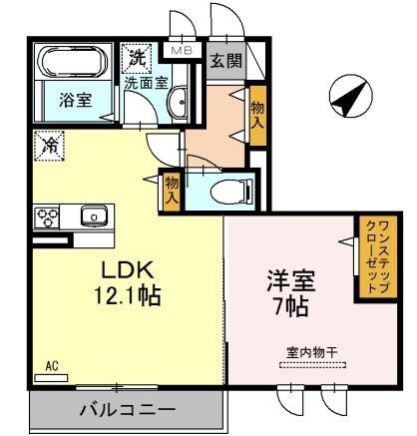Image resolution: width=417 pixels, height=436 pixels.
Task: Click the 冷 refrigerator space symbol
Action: [x=47, y=144]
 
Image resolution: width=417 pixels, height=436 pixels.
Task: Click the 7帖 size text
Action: [x=283, y=306]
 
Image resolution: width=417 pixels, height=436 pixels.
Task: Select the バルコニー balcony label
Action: [x=127, y=410]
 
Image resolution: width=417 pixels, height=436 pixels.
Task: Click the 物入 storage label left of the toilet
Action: [x=172, y=189]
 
